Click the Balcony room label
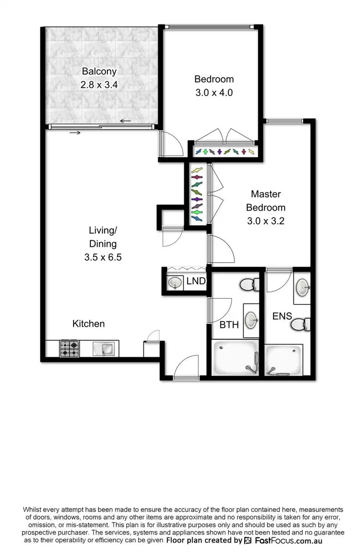99,72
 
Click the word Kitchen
88,324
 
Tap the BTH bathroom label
229,325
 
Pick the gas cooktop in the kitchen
69,349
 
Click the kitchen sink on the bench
104,349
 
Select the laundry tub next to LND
175,283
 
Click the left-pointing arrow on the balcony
126,121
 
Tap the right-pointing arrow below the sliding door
75,132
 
